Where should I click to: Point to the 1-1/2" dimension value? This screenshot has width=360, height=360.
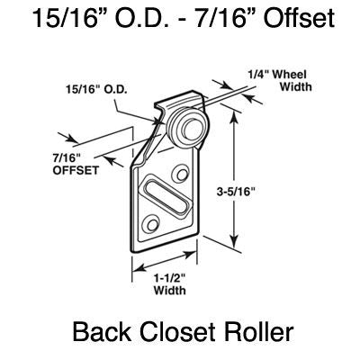162,277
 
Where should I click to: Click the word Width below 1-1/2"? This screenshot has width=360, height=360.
162,292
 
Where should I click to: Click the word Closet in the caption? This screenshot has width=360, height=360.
180,335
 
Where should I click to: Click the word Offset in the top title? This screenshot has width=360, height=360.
289,20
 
